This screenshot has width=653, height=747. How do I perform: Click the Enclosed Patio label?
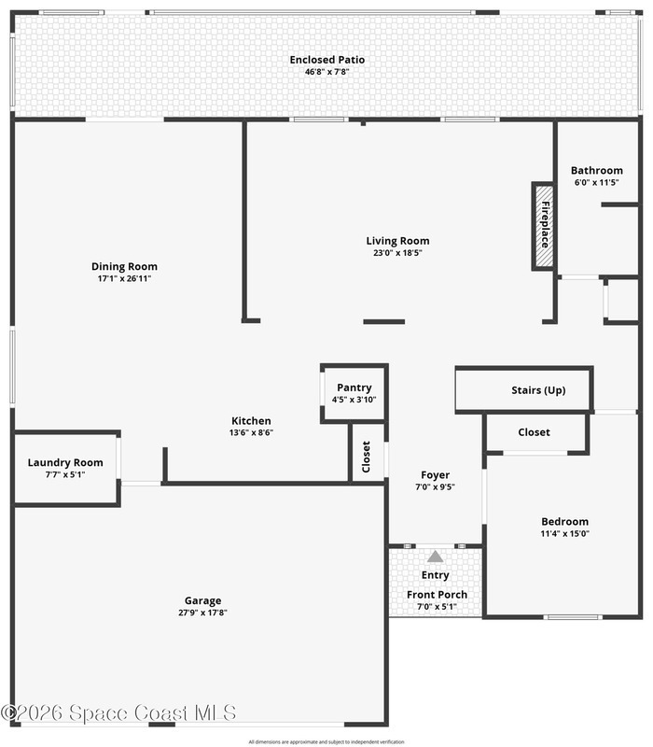[x=327, y=60]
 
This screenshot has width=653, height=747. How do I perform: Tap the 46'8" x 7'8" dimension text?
[x=327, y=72]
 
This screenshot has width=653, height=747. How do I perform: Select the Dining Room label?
[x=124, y=266]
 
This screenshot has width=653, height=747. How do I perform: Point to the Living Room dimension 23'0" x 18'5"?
[x=397, y=253]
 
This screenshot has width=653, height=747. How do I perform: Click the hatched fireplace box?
[x=544, y=226]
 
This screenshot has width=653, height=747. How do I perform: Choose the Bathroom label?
[x=597, y=170]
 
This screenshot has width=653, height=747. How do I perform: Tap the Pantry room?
[x=354, y=393]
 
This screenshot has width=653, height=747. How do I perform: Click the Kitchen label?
[x=251, y=421]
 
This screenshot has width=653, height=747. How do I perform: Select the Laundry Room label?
[x=65, y=462]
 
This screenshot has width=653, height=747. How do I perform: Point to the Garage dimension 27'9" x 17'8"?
[x=202, y=613]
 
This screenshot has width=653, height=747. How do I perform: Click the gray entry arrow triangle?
[x=435, y=557]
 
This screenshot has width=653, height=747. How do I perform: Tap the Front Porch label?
[x=437, y=595]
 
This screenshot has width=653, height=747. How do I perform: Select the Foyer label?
[x=435, y=475]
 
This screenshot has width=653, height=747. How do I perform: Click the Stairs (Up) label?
[x=538, y=390]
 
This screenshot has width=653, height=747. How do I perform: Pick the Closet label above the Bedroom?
[x=534, y=432]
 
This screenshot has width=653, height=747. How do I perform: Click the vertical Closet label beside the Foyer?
[x=366, y=457]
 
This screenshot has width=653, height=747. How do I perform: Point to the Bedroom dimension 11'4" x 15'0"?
[x=564, y=533]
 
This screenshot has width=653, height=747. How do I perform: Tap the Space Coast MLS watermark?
[x=118, y=713]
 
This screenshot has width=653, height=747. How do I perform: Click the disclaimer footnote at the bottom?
[x=326, y=741]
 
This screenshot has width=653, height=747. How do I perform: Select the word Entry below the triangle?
[x=435, y=575]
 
